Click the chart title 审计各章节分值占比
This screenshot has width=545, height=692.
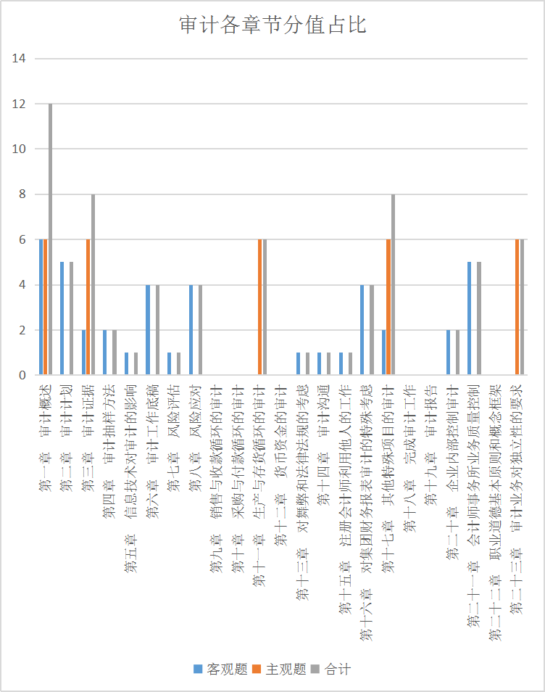click(x=272, y=25)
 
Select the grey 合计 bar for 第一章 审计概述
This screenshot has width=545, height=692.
click(x=50, y=239)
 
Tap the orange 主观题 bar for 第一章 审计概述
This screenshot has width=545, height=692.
click(x=46, y=307)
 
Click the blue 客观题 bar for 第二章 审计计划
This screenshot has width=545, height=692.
click(x=62, y=318)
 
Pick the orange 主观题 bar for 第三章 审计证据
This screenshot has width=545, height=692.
click(x=88, y=307)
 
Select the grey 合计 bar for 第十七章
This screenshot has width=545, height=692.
click(x=393, y=284)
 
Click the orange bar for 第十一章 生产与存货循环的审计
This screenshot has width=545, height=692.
click(x=259, y=307)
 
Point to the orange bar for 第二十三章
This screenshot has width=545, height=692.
click(x=517, y=307)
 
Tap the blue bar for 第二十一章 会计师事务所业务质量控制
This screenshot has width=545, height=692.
click(x=470, y=318)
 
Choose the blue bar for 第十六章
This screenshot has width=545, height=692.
click(x=362, y=330)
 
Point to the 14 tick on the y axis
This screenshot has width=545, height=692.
click(x=20, y=59)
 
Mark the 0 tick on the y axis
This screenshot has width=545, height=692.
click(x=22, y=375)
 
